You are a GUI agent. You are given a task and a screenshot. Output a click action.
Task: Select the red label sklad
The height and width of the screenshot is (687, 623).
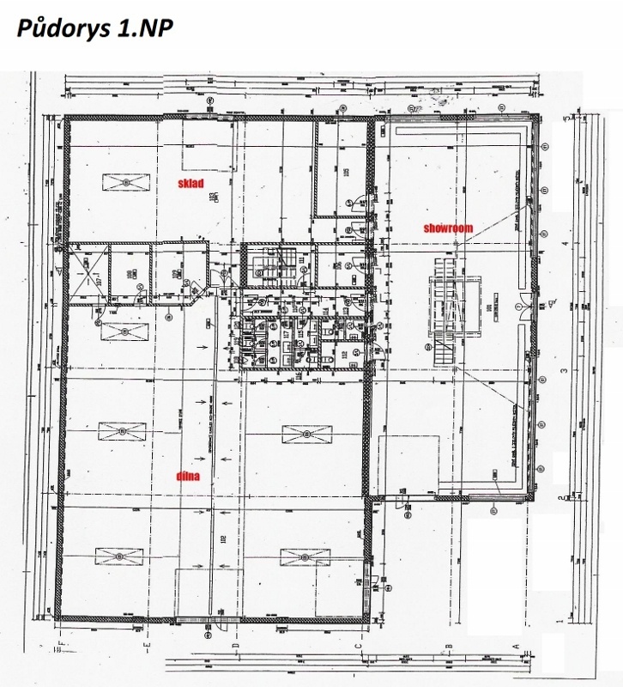tap(191, 184)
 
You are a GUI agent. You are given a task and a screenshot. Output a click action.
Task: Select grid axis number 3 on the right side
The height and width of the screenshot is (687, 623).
tap(564, 371)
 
